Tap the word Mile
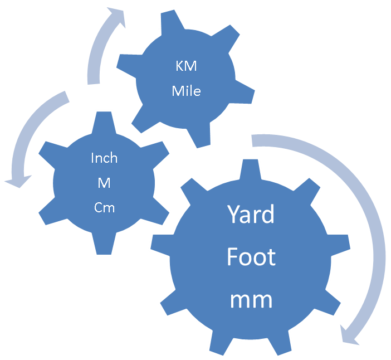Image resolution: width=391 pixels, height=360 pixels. tap(186, 90)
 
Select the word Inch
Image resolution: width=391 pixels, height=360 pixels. tap(104, 158)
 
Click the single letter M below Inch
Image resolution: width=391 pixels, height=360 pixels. tap(104, 183)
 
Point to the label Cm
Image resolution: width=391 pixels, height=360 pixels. tap(104, 207)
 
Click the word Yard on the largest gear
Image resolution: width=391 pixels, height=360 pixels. tap(251, 215)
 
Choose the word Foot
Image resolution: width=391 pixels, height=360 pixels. tap(251, 257)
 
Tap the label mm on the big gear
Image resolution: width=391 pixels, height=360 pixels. tap(251, 300)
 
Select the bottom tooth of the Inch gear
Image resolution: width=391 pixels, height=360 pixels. tap(104, 245)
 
